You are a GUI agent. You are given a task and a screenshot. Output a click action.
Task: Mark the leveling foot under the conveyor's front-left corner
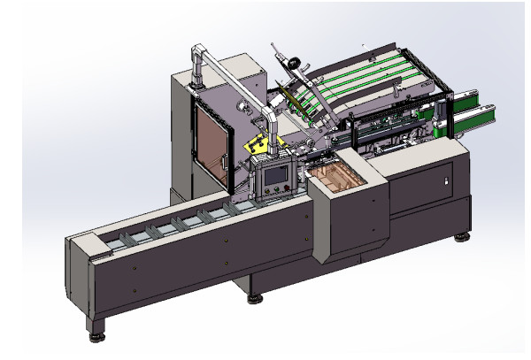pos(95,335)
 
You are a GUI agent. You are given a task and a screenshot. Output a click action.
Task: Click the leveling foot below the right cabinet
pos(461,236)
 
